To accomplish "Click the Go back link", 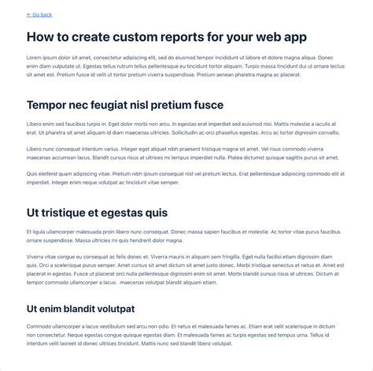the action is [x=42, y=15].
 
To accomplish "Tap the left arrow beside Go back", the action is [x=29, y=15].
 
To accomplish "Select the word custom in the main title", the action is [x=140, y=37].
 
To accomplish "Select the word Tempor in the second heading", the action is [x=49, y=105].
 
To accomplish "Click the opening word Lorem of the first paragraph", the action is [x=34, y=58].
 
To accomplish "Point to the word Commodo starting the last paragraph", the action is [x=39, y=326].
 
